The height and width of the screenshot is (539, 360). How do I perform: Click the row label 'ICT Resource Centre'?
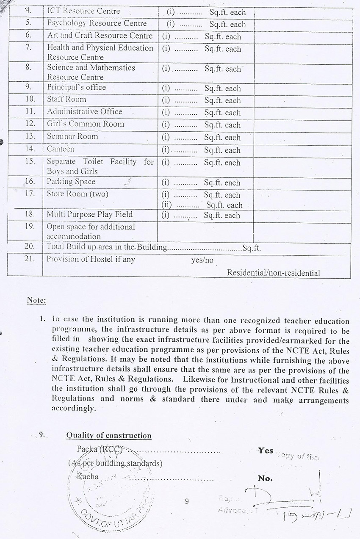[x=83, y=11]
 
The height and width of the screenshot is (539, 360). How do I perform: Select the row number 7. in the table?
[x=28, y=47]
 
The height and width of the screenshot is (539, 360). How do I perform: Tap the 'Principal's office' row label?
[x=76, y=88]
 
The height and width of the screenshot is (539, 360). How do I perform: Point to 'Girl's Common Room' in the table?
[x=85, y=124]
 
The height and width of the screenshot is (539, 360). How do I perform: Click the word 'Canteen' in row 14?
[x=60, y=149]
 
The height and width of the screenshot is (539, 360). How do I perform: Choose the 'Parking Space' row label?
[x=71, y=182]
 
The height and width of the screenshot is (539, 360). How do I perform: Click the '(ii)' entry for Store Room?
[x=169, y=205]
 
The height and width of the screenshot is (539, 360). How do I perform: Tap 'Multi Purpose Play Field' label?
[x=89, y=214]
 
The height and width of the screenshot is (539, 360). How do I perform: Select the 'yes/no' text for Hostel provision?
[x=202, y=260]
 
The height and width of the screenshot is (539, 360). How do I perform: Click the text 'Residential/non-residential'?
[x=273, y=273]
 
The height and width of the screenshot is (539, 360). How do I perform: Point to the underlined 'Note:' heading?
[x=36, y=301]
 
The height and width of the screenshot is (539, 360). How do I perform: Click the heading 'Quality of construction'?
[x=109, y=436]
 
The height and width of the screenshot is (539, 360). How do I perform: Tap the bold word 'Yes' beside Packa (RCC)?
[x=266, y=451]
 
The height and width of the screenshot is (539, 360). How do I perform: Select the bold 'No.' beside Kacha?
[x=265, y=479]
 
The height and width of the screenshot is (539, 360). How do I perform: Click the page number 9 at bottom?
[x=187, y=502]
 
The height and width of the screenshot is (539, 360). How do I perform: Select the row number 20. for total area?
[x=29, y=246]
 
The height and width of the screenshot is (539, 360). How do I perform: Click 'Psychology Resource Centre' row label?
[x=97, y=24]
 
